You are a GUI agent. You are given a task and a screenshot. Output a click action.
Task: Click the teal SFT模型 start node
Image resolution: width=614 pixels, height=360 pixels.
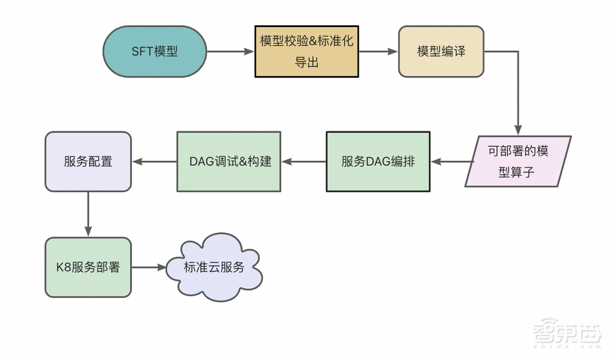click(x=155, y=52)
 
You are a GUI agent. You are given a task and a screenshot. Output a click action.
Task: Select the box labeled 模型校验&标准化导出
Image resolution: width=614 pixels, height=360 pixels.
click(x=306, y=52)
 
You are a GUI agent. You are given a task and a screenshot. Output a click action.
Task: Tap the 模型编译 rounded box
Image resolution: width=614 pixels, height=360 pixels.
click(x=441, y=52)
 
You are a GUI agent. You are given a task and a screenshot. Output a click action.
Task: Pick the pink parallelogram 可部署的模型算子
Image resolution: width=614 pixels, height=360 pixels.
click(x=518, y=162)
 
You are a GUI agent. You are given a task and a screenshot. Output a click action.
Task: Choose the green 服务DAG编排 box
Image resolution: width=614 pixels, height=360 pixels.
click(x=378, y=162)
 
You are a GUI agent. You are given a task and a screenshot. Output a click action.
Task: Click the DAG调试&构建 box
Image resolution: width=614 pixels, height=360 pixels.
click(x=228, y=162)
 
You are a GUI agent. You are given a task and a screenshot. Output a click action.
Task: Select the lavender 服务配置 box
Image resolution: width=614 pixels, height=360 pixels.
click(x=88, y=162)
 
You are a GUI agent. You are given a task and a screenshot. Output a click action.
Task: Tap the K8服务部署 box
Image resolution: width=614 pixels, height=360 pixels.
click(x=88, y=267)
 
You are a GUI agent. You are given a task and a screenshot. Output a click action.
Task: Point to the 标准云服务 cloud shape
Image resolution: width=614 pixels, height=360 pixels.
click(x=214, y=267)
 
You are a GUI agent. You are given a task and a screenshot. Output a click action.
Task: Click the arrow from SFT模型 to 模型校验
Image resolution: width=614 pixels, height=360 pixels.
click(x=230, y=52)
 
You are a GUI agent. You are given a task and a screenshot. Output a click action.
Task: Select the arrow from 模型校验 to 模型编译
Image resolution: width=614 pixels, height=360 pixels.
click(x=378, y=52)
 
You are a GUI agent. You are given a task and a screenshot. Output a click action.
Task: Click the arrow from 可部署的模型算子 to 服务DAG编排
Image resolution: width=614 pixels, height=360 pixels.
click(x=452, y=162)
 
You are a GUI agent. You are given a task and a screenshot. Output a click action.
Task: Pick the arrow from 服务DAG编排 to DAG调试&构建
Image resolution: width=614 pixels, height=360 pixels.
click(x=303, y=162)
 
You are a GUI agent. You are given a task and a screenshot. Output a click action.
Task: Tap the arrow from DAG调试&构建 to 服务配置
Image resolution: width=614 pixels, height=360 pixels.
click(x=154, y=162)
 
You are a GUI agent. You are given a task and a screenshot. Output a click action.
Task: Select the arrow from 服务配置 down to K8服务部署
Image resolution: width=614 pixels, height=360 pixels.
click(x=88, y=214)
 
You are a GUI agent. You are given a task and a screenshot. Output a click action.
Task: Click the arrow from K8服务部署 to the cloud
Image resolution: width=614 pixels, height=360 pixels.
click(x=149, y=267)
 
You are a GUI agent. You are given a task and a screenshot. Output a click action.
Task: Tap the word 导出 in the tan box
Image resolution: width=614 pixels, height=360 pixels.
click(x=306, y=62)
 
